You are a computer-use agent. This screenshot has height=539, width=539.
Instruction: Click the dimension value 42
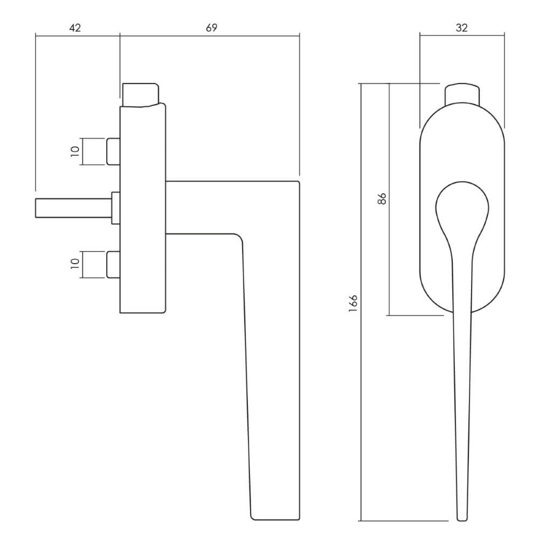click(x=75, y=28)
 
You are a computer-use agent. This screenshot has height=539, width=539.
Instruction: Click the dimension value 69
click(x=211, y=28)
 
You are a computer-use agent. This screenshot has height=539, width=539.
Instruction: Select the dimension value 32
click(x=461, y=28)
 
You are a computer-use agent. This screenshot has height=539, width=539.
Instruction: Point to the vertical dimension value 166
click(x=354, y=303)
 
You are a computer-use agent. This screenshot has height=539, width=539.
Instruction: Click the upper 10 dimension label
click(x=75, y=151)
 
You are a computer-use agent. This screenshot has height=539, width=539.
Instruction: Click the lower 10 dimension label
click(x=75, y=264)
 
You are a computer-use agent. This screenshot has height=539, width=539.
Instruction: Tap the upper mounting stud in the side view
click(x=114, y=151)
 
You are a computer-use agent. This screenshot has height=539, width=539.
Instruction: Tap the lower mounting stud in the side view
click(x=114, y=264)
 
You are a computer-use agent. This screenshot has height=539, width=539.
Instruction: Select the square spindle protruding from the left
click(x=73, y=208)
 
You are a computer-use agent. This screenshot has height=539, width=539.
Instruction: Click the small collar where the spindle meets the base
click(x=115, y=208)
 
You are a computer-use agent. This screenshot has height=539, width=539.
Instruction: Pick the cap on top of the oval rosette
click(x=461, y=93)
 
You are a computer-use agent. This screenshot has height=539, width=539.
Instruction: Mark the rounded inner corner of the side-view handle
click(x=237, y=238)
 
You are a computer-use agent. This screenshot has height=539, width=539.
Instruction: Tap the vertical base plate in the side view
click(x=142, y=210)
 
